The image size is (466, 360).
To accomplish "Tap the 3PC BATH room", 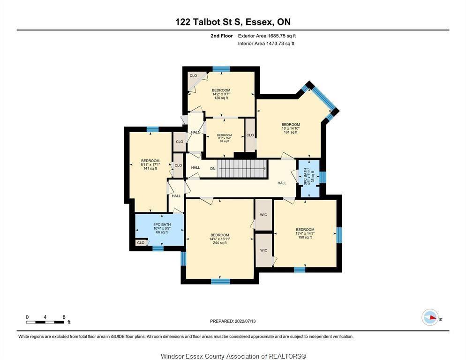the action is [309, 179].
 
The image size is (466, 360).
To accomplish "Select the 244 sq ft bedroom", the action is [219, 239].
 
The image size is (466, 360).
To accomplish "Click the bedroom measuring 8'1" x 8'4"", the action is [225, 138].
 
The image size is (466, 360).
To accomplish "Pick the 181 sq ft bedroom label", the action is [291, 128].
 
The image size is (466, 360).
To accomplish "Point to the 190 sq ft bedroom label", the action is [305, 233].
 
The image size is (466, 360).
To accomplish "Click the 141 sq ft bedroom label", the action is [150, 165].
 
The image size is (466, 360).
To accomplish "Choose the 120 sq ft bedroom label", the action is [221, 94].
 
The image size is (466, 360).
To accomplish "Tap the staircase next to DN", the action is [241, 169].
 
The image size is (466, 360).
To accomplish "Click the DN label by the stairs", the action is [213, 169].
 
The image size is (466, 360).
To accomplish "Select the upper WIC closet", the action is [263, 214].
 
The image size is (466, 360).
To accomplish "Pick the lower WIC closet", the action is [263, 250].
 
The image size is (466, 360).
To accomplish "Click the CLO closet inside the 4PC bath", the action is [141, 242].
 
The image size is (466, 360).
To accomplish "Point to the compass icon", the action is [430, 317].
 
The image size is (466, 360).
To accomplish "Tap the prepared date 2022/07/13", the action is [233, 321].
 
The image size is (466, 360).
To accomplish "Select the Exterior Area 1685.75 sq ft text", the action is [267, 36].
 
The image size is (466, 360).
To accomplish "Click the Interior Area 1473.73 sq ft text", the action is [266, 44].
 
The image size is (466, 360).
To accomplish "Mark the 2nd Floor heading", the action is [221, 36].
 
